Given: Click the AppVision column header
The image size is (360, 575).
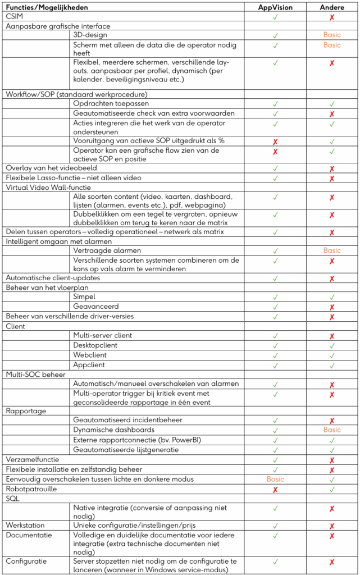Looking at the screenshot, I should pos(275,7).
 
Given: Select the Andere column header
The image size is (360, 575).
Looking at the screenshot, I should pos(332,7).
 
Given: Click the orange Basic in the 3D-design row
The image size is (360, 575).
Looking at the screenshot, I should pos(332,35).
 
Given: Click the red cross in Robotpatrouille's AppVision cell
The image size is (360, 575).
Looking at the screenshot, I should pos(275,489).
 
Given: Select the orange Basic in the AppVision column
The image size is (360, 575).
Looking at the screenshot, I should pos(275,479).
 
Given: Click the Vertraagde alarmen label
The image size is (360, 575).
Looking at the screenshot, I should pos(107,250).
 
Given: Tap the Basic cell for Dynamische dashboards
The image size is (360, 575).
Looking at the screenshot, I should pos(332,430).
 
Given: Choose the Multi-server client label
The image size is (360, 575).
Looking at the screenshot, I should pos(103,336).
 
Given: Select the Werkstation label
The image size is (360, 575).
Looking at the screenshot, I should pos(25,525).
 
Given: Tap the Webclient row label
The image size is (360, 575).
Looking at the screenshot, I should pos(90,355).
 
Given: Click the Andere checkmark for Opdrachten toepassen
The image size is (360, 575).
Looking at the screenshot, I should pos(332,104).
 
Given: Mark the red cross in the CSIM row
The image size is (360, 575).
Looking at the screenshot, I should pos(332,17).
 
